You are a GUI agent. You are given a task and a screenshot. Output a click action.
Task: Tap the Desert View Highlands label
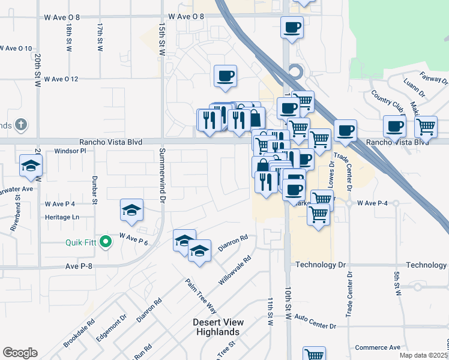tap(217, 327)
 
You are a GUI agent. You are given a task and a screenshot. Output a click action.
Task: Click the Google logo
tap(20, 353)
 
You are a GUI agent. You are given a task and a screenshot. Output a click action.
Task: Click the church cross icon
tap(20, 125)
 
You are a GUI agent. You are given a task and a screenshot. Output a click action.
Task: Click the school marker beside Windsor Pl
tap(31, 166)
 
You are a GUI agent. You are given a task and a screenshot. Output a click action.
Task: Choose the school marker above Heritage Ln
tap(132, 209)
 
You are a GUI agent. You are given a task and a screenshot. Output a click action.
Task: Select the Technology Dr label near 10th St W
tap(321, 265)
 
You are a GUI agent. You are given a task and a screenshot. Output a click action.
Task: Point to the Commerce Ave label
tap(378, 347)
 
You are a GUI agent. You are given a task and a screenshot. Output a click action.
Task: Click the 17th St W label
tap(100, 37)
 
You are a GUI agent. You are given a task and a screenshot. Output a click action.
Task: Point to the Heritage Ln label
tap(62, 217)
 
